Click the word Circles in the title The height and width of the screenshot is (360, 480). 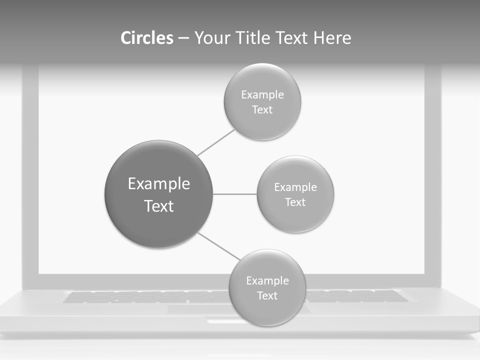point(146,38)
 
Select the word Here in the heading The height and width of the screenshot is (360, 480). point(332,38)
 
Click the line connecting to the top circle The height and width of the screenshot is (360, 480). point(216,142)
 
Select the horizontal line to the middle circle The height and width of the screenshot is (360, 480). point(235,194)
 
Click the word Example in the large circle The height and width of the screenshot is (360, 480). point(159,184)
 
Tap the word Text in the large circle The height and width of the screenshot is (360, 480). point(159,206)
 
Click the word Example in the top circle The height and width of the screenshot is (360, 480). point(262,94)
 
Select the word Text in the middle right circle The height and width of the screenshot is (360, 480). point(295,202)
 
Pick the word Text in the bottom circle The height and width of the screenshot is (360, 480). point(267,295)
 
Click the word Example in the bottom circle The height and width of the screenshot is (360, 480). point(267,280)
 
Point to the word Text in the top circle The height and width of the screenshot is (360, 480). point(262,109)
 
